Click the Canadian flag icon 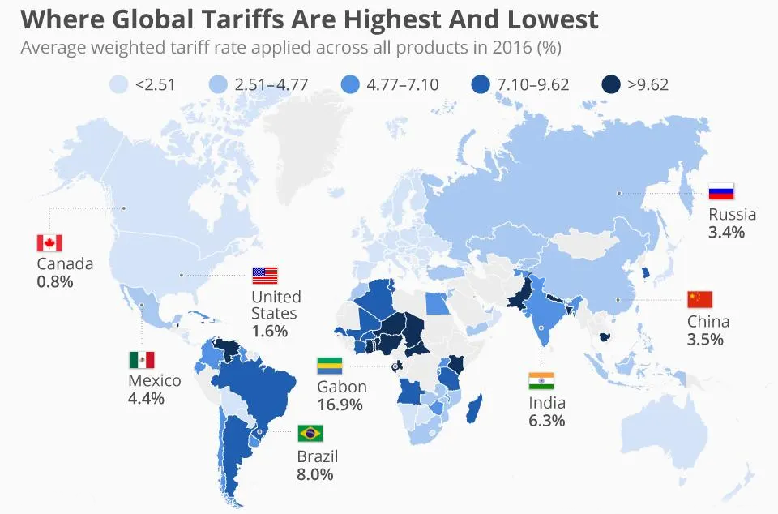[49, 243]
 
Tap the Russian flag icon [720, 192]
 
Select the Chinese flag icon [699, 299]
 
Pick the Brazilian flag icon [310, 434]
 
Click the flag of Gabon [329, 366]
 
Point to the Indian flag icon [541, 381]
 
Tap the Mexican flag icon [141, 360]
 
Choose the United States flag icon [264, 275]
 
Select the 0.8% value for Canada [55, 281]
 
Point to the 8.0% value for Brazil [315, 474]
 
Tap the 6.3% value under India [547, 421]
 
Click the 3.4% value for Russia [726, 233]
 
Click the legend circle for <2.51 [119, 84]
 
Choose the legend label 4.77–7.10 [402, 84]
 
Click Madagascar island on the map [474, 405]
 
